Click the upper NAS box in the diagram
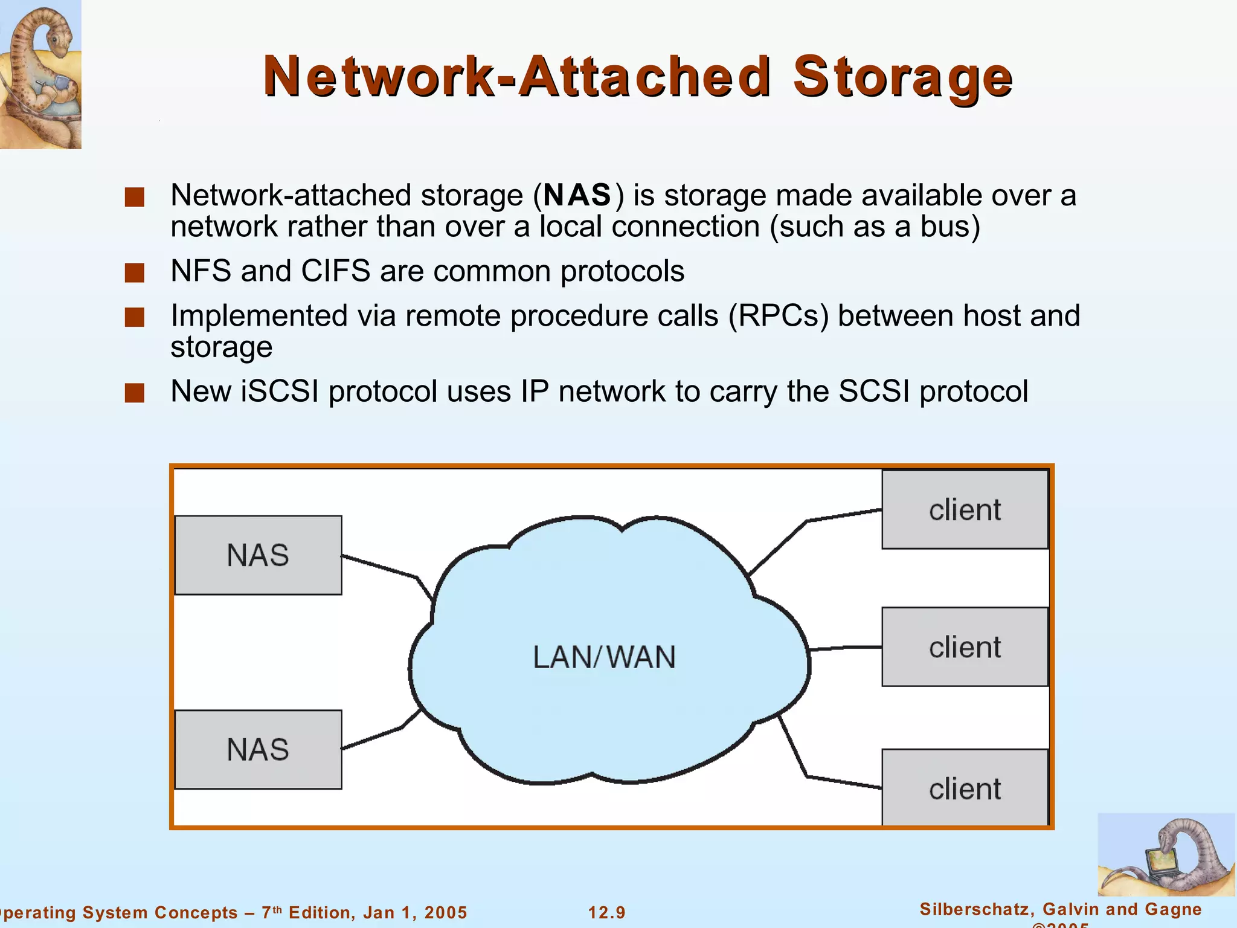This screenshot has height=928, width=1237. pos(258,555)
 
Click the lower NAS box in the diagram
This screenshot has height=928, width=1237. pos(258,749)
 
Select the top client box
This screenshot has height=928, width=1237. pos(965,509)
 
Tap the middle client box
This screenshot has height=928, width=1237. pos(965,646)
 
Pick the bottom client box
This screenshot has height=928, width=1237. pos(965,788)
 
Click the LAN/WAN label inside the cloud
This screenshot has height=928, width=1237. pos(604,657)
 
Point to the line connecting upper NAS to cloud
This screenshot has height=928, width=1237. pos(381,567)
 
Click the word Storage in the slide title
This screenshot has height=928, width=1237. pos(902,77)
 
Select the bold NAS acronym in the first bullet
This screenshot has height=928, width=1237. pos(577,195)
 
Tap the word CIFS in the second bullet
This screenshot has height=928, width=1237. pos(335,271)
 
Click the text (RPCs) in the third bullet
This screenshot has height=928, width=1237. pos(779,316)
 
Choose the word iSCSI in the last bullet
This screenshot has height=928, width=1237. pos(280,391)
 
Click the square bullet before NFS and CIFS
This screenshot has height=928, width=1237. pos(135,272)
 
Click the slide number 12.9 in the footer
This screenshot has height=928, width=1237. pos(607,912)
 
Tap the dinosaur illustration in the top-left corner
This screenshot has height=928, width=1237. pos(40,74)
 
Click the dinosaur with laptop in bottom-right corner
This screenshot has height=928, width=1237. pos(1166,855)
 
